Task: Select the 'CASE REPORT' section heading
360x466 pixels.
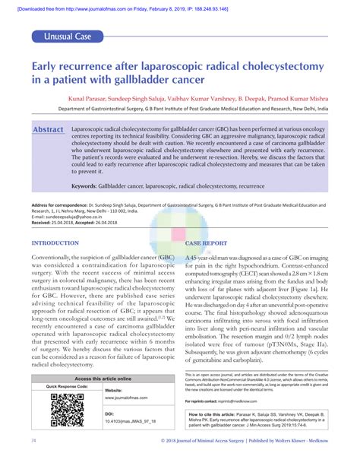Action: (x=207, y=243)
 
